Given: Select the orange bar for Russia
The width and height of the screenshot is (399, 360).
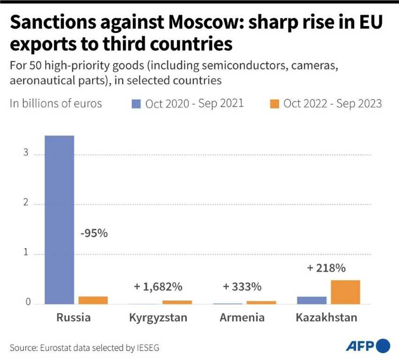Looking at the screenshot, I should pyautogui.click(x=93, y=300).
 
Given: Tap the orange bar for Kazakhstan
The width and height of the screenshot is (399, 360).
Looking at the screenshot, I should pyautogui.click(x=345, y=292).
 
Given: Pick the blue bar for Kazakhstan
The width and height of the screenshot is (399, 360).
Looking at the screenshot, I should pyautogui.click(x=311, y=300).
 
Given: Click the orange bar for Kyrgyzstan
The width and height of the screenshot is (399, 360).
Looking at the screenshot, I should pyautogui.click(x=177, y=302).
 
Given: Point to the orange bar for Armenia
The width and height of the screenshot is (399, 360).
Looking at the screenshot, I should pyautogui.click(x=261, y=302).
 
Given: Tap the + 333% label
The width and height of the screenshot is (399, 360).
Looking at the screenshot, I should pyautogui.click(x=242, y=286).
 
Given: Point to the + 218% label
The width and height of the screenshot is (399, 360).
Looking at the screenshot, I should pyautogui.click(x=326, y=268).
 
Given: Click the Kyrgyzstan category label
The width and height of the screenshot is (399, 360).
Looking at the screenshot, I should pyautogui.click(x=158, y=317).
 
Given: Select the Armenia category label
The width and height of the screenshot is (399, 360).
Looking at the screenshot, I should pyautogui.click(x=242, y=317).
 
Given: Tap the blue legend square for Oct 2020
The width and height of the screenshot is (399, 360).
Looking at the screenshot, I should pyautogui.click(x=137, y=104).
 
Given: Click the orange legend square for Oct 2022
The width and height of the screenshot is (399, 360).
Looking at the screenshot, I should pyautogui.click(x=275, y=104).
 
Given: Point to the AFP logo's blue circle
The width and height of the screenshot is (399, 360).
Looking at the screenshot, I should pyautogui.click(x=383, y=346).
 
